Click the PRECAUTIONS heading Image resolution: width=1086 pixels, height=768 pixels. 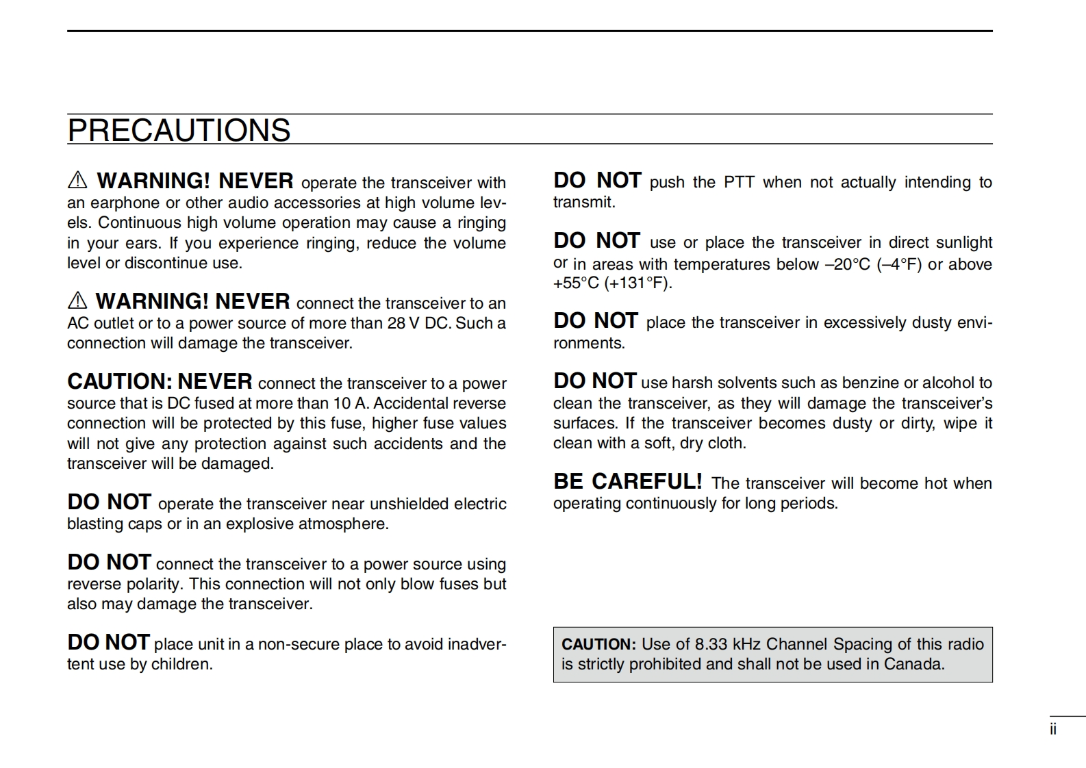[179, 130]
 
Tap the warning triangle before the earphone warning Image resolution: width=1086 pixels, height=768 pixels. [77, 181]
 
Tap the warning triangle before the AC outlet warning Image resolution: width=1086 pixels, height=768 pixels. [77, 301]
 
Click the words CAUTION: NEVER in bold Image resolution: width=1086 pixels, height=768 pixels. [160, 381]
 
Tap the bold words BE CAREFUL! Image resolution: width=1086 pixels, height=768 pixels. [627, 482]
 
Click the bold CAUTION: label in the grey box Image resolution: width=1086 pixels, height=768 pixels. [598, 644]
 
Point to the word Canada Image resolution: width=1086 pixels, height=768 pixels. [913, 664]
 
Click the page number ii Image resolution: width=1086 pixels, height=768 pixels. [1053, 730]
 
